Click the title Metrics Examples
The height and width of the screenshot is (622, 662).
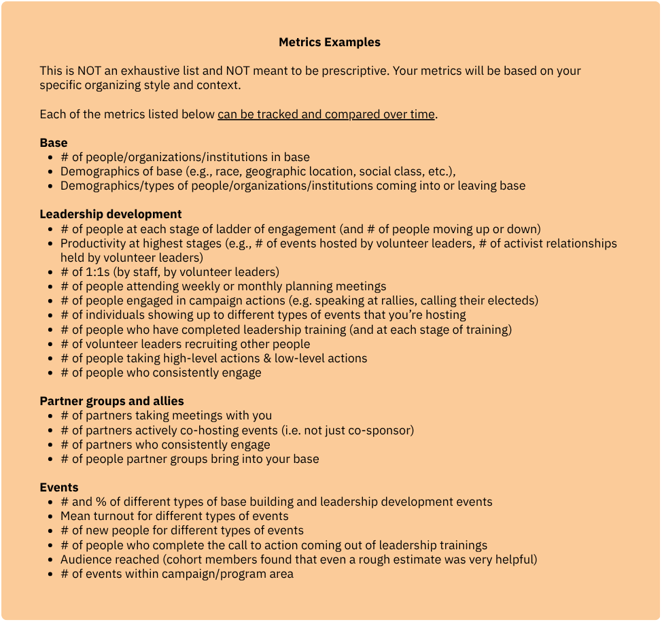330,42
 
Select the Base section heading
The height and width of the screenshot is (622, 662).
54,143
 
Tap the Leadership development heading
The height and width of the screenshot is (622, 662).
111,215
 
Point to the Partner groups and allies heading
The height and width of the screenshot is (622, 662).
111,401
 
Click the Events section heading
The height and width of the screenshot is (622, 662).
59,487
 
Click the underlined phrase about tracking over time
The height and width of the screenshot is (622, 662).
326,114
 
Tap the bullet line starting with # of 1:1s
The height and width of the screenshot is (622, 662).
170,272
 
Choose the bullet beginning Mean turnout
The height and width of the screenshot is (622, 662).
174,517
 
